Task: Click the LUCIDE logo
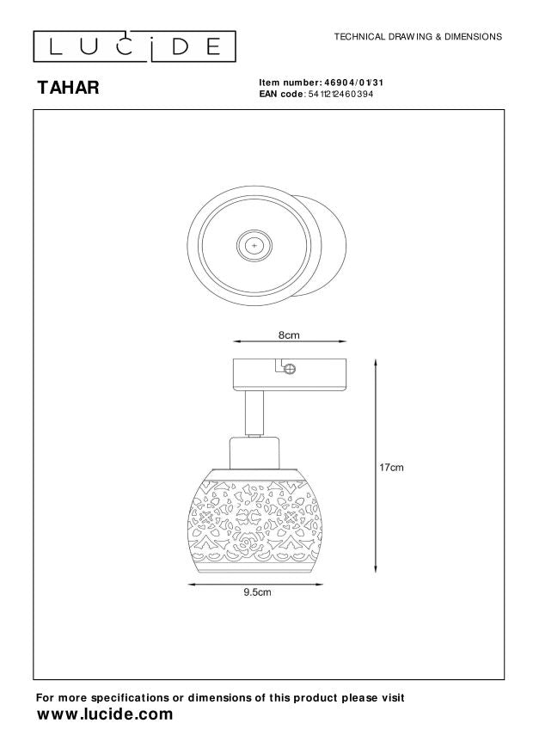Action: coord(135,46)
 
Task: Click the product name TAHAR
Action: coord(68,88)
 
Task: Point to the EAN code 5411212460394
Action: coord(340,94)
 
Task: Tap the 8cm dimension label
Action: coord(289,335)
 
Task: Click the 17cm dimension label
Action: coord(391,467)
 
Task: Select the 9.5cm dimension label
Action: coord(257,592)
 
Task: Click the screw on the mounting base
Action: coord(290,370)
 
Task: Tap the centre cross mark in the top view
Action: coord(254,245)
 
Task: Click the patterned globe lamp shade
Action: coord(254,523)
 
